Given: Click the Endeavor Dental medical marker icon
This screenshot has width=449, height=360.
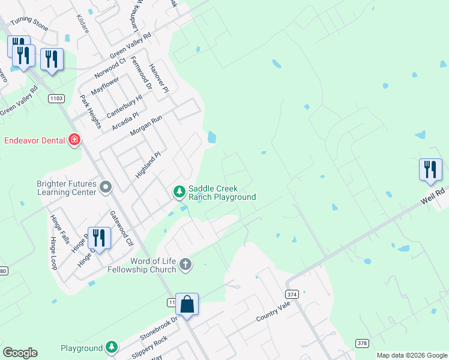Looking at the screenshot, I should click(x=74, y=140).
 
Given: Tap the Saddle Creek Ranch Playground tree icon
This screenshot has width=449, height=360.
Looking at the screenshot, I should click(x=178, y=192).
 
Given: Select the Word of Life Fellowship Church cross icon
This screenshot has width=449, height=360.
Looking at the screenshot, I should click(x=186, y=265).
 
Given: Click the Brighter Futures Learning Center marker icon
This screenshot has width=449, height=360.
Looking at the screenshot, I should click(x=106, y=187).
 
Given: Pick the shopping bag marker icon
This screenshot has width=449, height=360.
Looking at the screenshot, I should click(x=187, y=304).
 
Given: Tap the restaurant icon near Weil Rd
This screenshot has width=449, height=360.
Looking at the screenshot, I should click(x=430, y=169).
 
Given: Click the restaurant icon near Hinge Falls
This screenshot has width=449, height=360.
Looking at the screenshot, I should click(x=98, y=238).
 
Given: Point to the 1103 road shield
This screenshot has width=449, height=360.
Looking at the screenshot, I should click(x=57, y=98).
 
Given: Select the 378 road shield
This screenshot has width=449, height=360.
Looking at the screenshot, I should click(x=362, y=343).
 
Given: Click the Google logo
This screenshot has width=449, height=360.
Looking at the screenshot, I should click(x=20, y=353).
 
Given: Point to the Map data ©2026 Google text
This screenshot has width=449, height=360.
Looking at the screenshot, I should click(x=412, y=355).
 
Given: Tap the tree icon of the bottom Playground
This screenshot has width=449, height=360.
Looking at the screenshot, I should click(x=112, y=347).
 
